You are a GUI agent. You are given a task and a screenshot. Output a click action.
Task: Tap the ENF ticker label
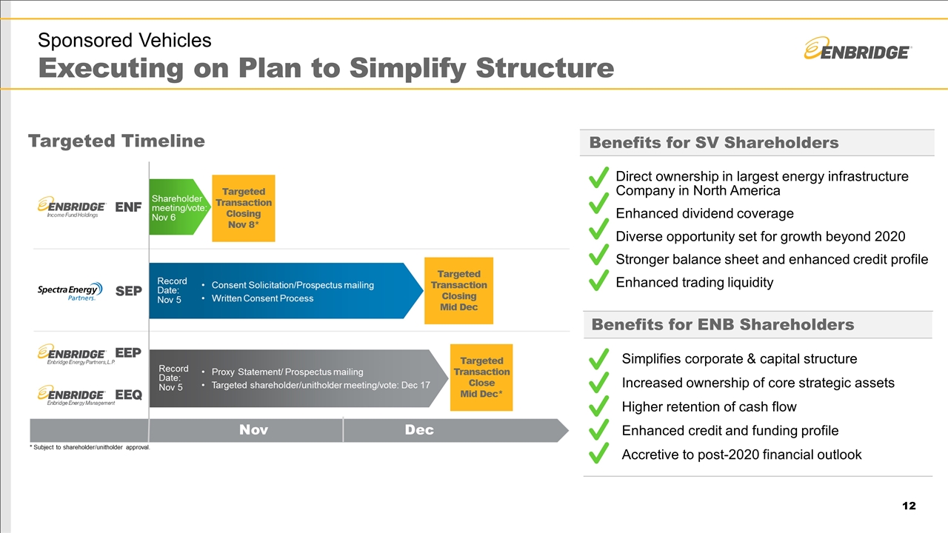coord(128,207)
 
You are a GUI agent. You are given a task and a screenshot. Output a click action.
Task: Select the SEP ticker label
coord(128,292)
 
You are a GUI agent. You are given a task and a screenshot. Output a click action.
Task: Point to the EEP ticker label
coord(128,353)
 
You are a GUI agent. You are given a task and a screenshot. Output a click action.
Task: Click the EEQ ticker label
coord(128,395)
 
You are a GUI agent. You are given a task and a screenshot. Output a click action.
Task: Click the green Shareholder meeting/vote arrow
coord(175,207)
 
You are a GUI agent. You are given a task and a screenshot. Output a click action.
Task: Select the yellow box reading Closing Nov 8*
coord(244,208)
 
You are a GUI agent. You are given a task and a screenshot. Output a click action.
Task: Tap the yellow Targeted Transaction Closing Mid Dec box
coord(458,290)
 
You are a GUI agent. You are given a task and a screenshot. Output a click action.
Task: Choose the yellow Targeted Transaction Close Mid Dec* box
coord(481,378)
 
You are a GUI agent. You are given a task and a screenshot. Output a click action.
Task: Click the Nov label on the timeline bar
coord(253,430)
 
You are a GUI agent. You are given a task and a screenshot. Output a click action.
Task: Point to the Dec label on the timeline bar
coord(419,430)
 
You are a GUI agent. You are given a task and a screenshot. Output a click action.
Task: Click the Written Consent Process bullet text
coord(262,298)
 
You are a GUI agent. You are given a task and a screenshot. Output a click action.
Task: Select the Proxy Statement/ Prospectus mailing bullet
coord(287,372)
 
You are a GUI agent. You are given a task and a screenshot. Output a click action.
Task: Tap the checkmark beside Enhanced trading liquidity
coord(598,281)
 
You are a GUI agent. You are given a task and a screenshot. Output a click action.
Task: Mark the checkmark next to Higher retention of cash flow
coord(598,406)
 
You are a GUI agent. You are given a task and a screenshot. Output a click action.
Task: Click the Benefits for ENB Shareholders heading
coord(722,324)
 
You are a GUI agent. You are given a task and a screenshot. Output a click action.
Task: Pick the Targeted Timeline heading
coord(116,141)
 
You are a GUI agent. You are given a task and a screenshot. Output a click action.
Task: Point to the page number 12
coord(909,506)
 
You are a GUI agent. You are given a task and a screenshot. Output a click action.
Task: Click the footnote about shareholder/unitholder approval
coord(90,448)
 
